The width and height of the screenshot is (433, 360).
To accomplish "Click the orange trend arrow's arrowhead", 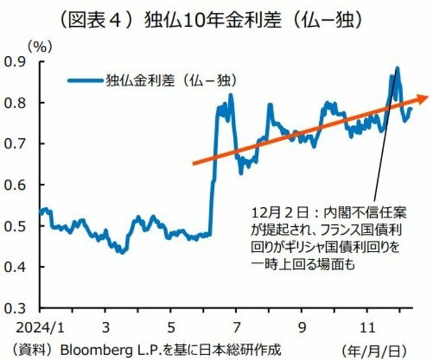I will [x=421, y=97].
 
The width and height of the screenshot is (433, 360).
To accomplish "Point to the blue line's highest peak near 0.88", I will [x=397, y=68].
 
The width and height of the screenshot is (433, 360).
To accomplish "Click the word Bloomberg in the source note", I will [x=90, y=349].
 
